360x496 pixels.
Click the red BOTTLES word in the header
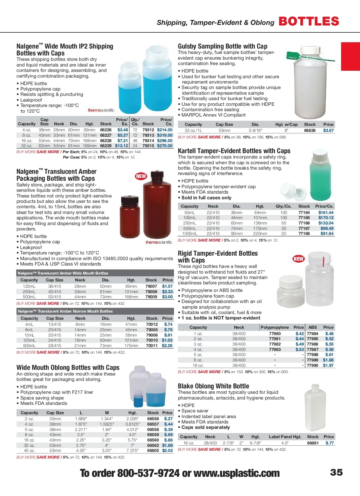[309, 21]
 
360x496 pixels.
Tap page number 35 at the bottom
[336, 472]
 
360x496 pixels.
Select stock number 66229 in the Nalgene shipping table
[106, 146]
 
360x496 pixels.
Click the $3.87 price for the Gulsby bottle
[328, 130]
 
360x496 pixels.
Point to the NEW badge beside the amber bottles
[141, 176]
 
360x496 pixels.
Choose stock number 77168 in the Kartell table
[304, 233]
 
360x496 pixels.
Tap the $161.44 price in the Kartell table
[326, 212]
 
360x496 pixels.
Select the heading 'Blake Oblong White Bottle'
[213, 386]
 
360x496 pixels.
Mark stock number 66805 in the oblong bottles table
[153, 450]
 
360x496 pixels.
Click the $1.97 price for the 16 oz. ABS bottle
[328, 365]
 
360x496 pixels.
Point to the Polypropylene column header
[274, 327]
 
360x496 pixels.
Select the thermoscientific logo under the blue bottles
[101, 110]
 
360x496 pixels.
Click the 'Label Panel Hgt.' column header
[285, 437]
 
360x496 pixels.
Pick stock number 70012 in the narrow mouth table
[152, 324]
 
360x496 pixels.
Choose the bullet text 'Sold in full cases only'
[206, 198]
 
